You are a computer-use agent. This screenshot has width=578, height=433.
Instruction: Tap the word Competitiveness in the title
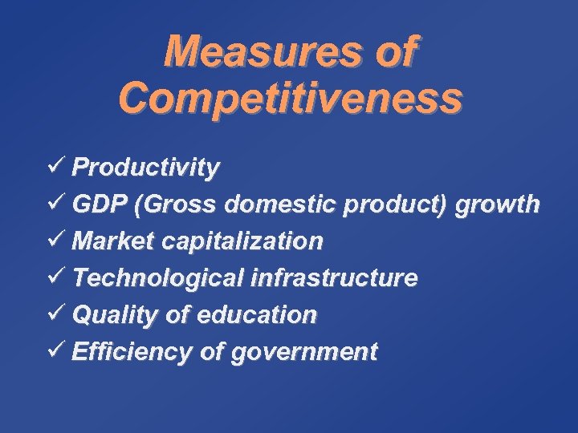point(290,98)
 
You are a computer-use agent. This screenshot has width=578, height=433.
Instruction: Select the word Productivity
point(145,168)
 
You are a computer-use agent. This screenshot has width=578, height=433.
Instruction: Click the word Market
point(110,241)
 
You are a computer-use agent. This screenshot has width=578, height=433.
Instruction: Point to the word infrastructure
point(334,277)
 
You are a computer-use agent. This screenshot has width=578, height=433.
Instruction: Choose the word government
point(310,352)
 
